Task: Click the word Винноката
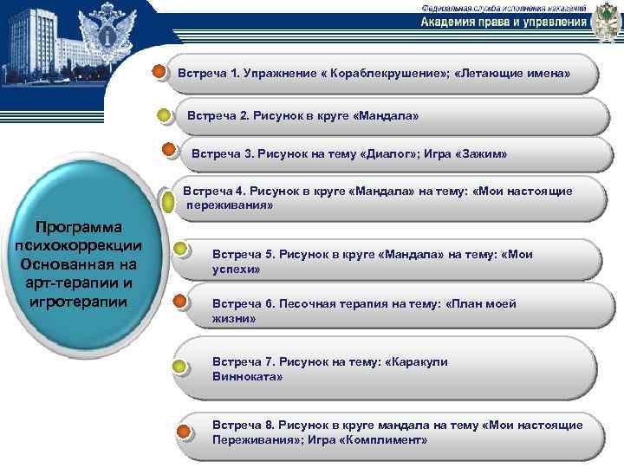pyautogui.click(x=245, y=377)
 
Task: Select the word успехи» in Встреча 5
pyautogui.click(x=237, y=270)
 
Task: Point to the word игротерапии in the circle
pyautogui.click(x=77, y=302)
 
